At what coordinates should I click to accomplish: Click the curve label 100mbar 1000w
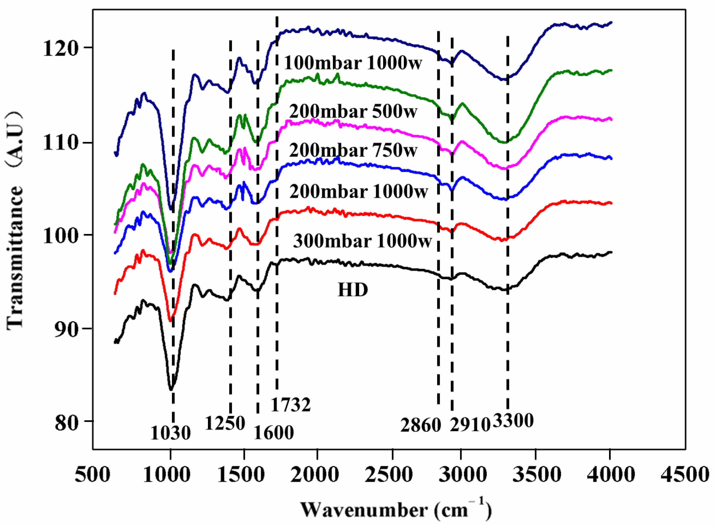click(x=353, y=63)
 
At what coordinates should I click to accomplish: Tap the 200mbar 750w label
click(x=353, y=150)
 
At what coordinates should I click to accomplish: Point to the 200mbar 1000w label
click(x=358, y=192)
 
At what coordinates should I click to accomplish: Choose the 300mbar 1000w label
click(x=362, y=241)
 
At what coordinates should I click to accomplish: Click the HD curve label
click(x=353, y=290)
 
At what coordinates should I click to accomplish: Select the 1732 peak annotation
click(x=290, y=405)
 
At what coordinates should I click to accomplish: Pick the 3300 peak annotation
click(x=513, y=421)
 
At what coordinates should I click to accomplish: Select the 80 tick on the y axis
click(x=66, y=423)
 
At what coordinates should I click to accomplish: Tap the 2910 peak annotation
click(x=470, y=425)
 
